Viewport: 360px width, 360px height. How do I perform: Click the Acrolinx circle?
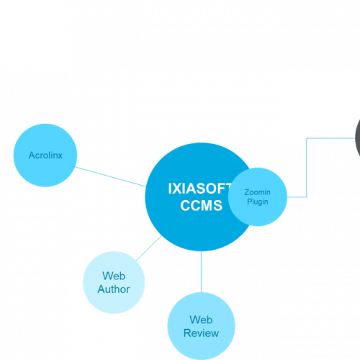45,156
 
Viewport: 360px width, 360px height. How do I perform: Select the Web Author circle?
114,282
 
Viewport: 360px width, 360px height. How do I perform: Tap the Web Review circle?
201,326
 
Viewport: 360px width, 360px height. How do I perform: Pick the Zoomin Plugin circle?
258,197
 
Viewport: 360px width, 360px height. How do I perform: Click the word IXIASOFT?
199,189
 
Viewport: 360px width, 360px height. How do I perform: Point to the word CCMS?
201,205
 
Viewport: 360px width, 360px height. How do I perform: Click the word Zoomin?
257,192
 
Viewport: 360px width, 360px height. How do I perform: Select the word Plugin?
258,202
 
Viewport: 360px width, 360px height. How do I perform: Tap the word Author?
114,289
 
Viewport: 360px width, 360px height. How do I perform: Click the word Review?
201,333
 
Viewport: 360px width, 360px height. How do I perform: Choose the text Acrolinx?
45,156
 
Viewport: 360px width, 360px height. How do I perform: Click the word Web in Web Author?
114,276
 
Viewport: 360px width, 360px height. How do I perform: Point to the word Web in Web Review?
201,320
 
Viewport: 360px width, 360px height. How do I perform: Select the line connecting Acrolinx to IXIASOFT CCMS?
109,176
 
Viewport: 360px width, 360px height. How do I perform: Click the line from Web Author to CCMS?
149,248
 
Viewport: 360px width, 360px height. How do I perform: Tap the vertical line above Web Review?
201,271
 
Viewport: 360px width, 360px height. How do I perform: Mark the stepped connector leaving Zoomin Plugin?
307,168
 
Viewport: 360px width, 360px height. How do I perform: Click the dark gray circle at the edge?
358,138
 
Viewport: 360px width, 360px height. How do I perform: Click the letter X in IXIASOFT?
176,189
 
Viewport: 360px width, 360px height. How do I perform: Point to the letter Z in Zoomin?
247,192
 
